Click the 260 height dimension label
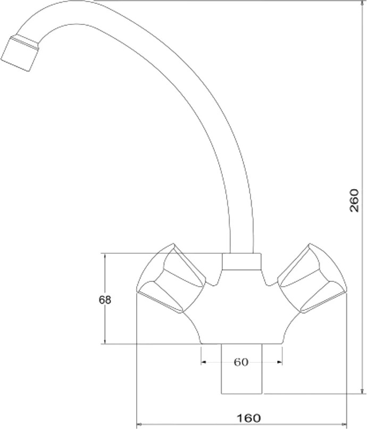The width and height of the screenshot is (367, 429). pyautogui.click(x=354, y=200)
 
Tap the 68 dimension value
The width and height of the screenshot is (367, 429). pyautogui.click(x=105, y=300)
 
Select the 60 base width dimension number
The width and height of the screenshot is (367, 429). pyautogui.click(x=241, y=362)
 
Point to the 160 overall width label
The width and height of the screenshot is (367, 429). pyautogui.click(x=249, y=418)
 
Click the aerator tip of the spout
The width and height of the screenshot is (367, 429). pyautogui.click(x=19, y=54)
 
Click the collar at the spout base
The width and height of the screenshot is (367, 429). pyautogui.click(x=241, y=262)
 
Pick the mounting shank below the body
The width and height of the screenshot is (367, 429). pyautogui.click(x=241, y=369)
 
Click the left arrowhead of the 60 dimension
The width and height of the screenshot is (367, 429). pyautogui.click(x=203, y=362)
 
